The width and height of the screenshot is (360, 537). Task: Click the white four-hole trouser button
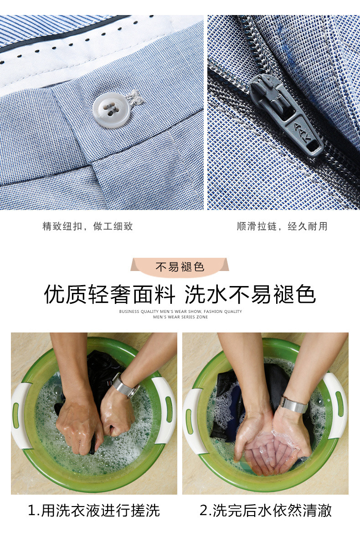pyautogui.click(x=110, y=110)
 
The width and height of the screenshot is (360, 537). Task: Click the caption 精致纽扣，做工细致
pyautogui.click(x=87, y=226)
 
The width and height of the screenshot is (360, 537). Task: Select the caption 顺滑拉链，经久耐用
pyautogui.click(x=282, y=226)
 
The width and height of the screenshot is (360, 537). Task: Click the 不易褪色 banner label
pyautogui.click(x=180, y=267)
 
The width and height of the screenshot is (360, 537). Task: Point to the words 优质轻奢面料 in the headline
pyautogui.click(x=110, y=294)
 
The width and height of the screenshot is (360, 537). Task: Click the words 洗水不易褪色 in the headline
pyautogui.click(x=250, y=294)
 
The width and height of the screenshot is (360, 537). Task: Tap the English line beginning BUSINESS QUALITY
pyautogui.click(x=180, y=311)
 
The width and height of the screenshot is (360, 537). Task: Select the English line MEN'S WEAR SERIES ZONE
pyautogui.click(x=180, y=317)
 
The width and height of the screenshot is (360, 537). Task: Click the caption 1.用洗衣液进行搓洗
pyautogui.click(x=94, y=510)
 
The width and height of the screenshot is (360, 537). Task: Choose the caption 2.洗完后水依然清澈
pyautogui.click(x=266, y=510)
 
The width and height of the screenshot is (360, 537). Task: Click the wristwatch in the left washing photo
pyautogui.click(x=125, y=386)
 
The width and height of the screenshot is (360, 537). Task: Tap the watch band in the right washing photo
pyautogui.click(x=294, y=405)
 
